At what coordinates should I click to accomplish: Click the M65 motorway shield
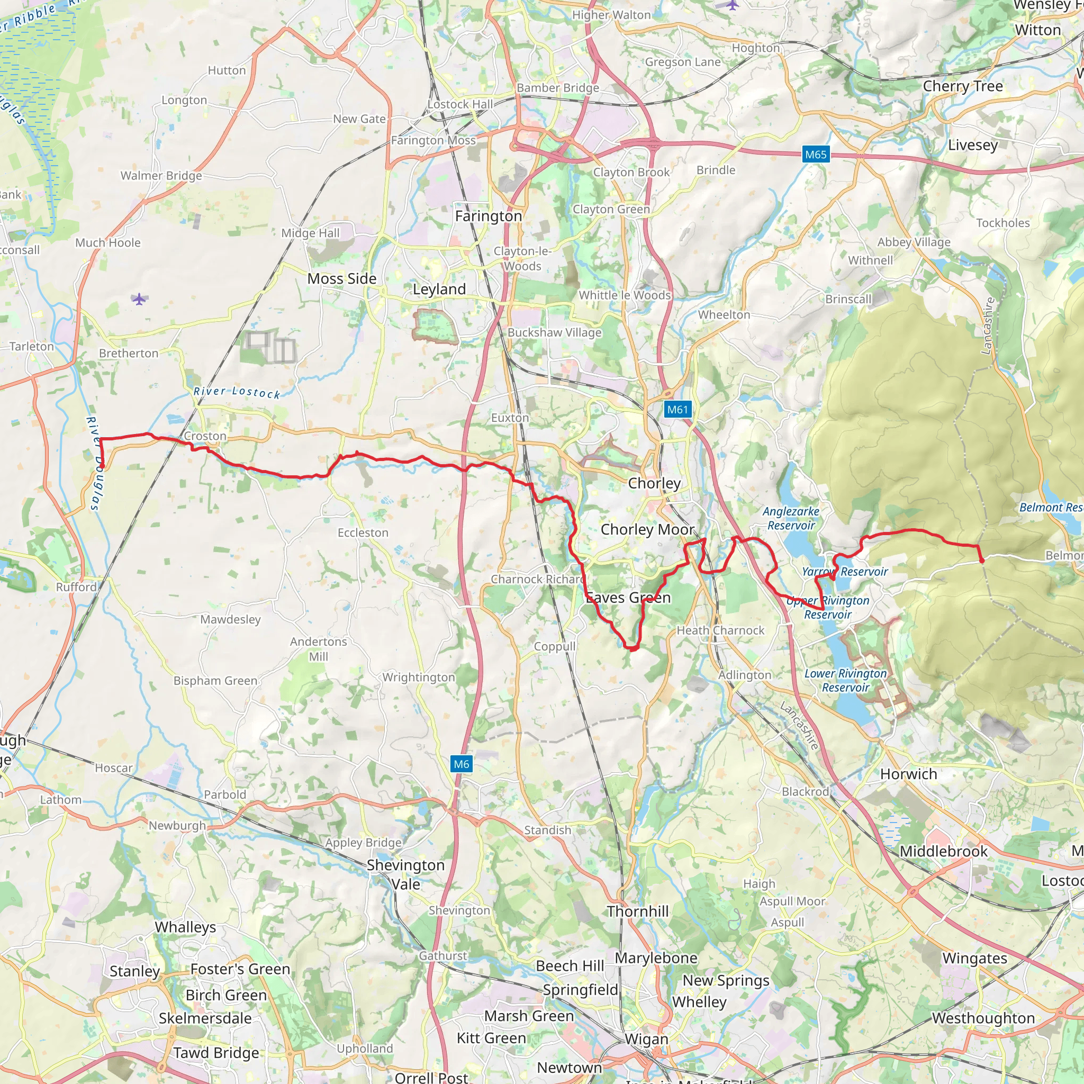point(815,155)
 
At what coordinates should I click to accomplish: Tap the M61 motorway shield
point(676,409)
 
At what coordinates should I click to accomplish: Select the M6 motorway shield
point(461,764)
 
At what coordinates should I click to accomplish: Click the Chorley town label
point(654,483)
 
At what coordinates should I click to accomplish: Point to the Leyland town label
point(439,289)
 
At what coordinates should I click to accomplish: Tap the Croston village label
point(205,436)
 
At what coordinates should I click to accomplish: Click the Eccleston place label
point(363,532)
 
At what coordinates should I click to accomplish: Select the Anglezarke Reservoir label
point(791,518)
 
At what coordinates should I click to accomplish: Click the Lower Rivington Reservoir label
point(845,680)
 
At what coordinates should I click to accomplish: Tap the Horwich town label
point(908,774)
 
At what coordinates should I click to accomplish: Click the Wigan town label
point(646,1039)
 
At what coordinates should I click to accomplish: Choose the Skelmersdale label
point(205,1018)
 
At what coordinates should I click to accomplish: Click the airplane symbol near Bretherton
point(139,299)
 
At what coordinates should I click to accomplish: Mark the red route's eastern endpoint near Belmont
point(981,561)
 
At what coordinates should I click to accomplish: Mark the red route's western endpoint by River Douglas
point(102,466)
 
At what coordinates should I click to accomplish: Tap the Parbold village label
point(224,794)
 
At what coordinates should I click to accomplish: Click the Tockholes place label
point(1002,223)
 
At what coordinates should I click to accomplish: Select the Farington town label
point(488,216)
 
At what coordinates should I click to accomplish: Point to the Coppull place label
point(554,646)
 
